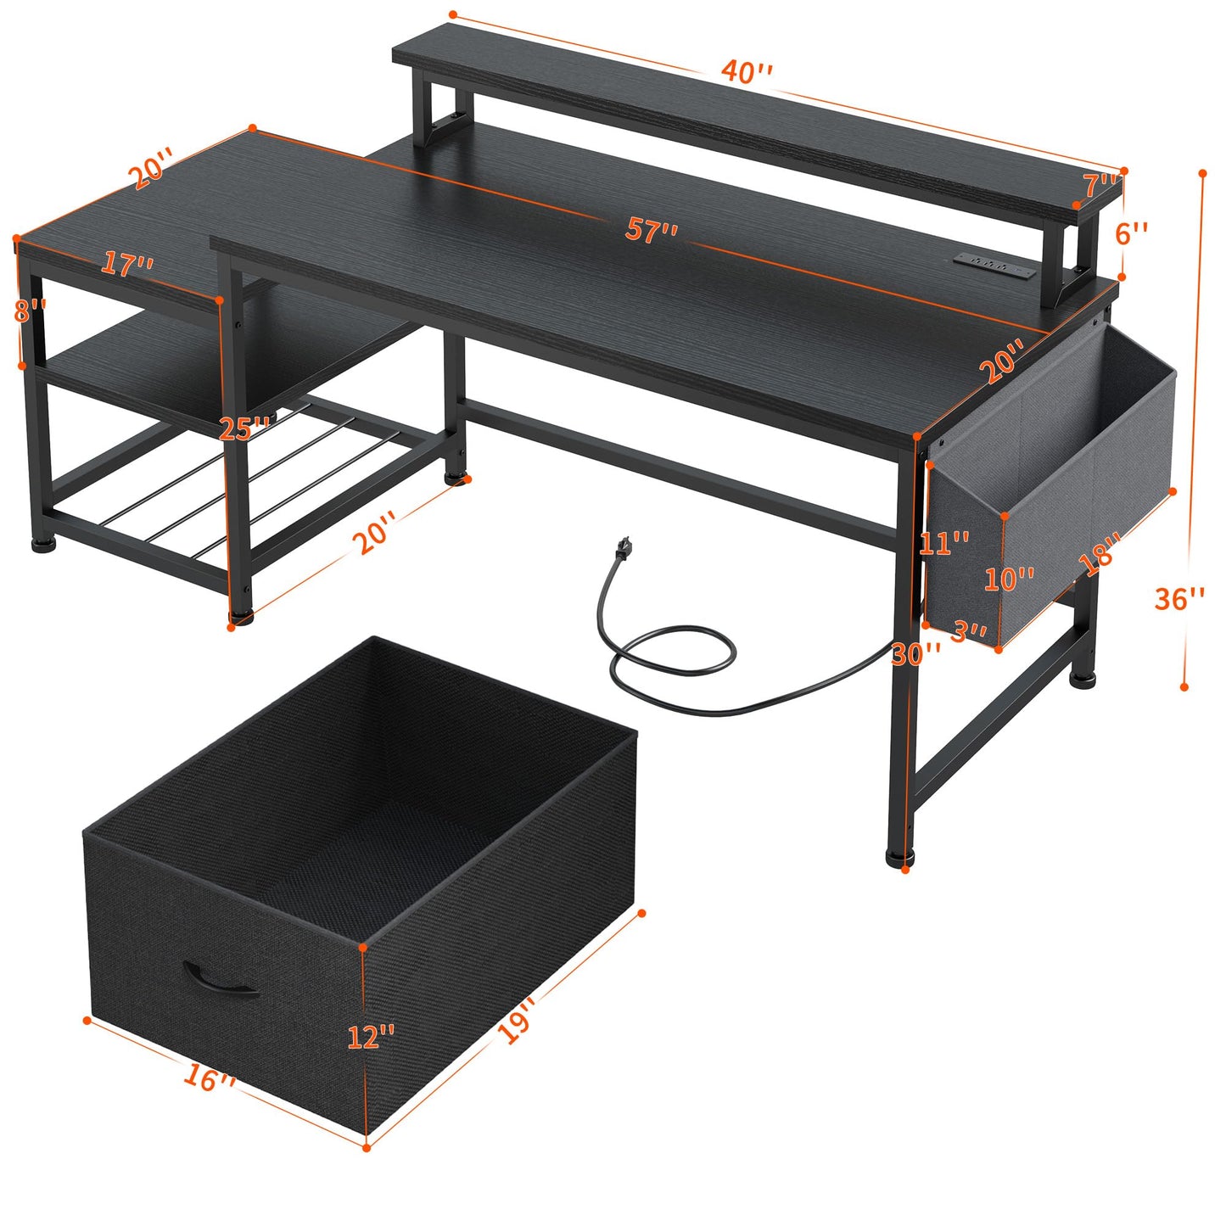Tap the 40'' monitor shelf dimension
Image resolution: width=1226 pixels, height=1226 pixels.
tap(747, 71)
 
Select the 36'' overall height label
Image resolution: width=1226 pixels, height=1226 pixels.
tap(1179, 598)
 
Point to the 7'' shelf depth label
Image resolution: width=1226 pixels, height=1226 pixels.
tap(1102, 185)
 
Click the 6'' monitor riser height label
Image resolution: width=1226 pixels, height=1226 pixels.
tap(1132, 232)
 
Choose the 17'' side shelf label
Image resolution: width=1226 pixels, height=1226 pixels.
tap(127, 264)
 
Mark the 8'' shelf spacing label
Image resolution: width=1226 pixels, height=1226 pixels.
tap(29, 311)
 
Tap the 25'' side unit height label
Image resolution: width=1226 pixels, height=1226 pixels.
tap(244, 428)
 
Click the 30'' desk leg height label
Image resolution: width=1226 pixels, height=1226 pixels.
tap(916, 652)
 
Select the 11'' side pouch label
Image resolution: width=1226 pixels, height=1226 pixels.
tap(943, 542)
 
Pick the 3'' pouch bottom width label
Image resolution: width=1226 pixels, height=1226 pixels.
tap(968, 632)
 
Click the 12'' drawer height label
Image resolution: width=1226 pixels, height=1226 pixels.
tap(372, 1036)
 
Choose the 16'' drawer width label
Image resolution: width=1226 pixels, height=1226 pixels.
tap(209, 1078)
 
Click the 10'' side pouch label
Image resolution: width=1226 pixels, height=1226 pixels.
tap(1009, 579)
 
